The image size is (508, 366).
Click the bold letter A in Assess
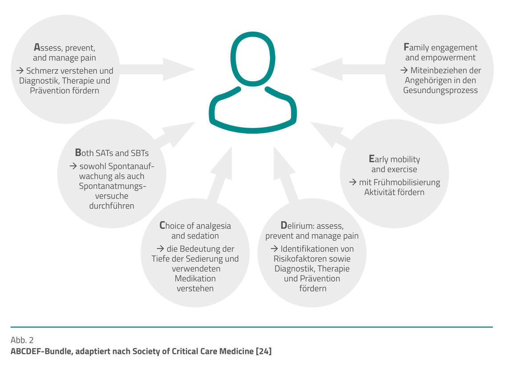tap(37, 47)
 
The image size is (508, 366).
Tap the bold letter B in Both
tap(78, 152)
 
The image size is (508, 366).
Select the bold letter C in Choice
tap(162, 225)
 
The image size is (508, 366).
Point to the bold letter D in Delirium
tap(284, 225)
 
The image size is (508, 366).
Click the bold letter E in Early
tap(372, 159)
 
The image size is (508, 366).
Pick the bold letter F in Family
tap(406, 47)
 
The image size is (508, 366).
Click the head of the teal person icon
tap(253, 59)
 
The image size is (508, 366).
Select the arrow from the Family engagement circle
tap(348, 69)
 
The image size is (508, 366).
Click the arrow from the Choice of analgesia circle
tap(220, 173)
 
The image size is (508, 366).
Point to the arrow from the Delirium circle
tap(286, 173)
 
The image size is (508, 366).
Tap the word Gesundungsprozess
tap(440, 90)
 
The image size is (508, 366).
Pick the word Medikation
tap(195, 279)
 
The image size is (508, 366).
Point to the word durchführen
tap(111, 206)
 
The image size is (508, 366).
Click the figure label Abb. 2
tap(22, 340)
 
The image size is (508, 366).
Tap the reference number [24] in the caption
tap(263, 351)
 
